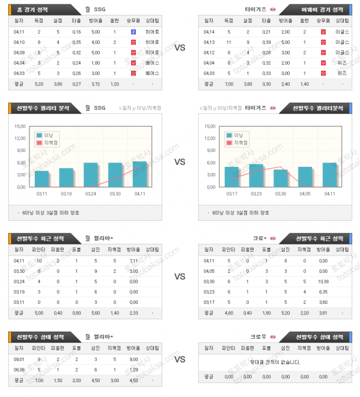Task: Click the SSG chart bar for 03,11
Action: [42, 179]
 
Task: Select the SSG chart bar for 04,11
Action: [140, 174]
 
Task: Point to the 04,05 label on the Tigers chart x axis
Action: [305, 194]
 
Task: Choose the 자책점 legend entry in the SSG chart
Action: [50, 142]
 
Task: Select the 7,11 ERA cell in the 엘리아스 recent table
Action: [133, 261]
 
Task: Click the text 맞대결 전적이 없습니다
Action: [275, 362]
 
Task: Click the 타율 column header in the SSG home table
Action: [76, 21]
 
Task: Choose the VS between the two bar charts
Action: [179, 162]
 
